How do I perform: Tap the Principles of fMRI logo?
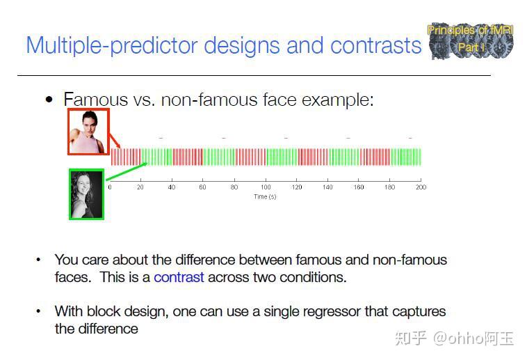pos(471,40)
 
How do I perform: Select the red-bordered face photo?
pos(88,132)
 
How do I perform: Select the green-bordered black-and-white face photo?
pos(86,194)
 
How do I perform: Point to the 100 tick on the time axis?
pos(265,187)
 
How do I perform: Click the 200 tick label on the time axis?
pos(420,187)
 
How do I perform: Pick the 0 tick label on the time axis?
pos(109,187)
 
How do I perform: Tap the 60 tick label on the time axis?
pos(202,187)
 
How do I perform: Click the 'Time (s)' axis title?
pos(265,197)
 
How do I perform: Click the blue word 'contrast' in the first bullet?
pos(179,277)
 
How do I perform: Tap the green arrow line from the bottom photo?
pos(126,172)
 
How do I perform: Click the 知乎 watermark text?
pos(411,338)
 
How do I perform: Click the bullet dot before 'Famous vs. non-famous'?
pos(49,100)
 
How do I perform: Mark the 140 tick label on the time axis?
pos(327,187)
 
